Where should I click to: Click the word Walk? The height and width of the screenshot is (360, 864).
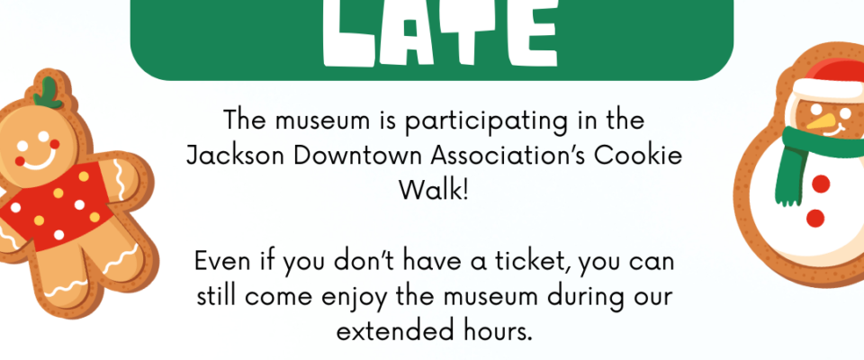click(x=433, y=191)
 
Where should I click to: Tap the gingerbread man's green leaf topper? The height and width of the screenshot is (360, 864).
click(x=48, y=94)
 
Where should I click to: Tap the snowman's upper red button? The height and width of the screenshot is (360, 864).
click(x=821, y=184)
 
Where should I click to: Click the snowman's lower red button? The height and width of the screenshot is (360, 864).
click(x=815, y=219)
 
